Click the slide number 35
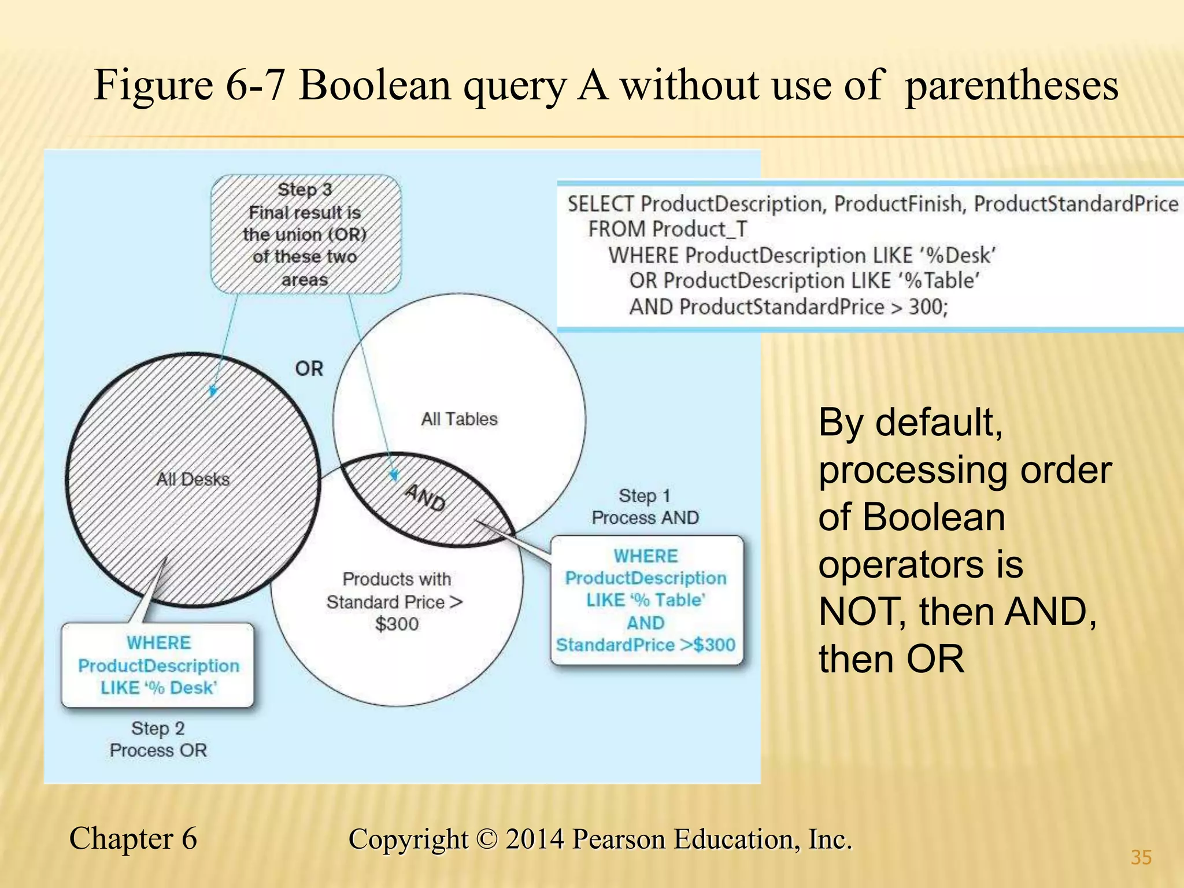1141,857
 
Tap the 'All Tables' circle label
459,419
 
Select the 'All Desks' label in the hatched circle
193,479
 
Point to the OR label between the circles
309,369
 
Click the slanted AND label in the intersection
425,498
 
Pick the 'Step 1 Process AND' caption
645,507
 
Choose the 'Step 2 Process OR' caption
158,739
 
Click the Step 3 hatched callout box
305,234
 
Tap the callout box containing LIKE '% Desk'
158,665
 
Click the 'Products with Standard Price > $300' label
397,601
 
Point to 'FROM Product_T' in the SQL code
668,230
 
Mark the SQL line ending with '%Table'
804,281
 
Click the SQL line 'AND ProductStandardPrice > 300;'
789,307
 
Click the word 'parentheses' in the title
1011,85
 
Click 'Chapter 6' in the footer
133,838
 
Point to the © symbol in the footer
487,839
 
